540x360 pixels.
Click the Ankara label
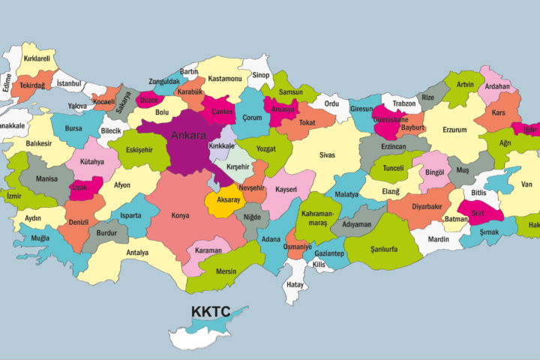click(x=188, y=136)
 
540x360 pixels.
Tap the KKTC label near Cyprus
click(x=209, y=311)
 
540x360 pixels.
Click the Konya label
click(x=180, y=215)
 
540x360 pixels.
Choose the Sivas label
click(x=327, y=155)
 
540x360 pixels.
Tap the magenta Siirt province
click(x=478, y=214)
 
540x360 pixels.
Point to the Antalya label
click(x=137, y=253)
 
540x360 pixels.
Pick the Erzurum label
click(x=454, y=130)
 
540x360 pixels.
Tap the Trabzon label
click(x=403, y=103)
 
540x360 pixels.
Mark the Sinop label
click(x=260, y=76)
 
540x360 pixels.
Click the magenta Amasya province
click(x=283, y=109)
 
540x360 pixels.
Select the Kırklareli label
click(x=36, y=58)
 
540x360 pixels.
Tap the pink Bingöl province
click(x=435, y=172)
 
